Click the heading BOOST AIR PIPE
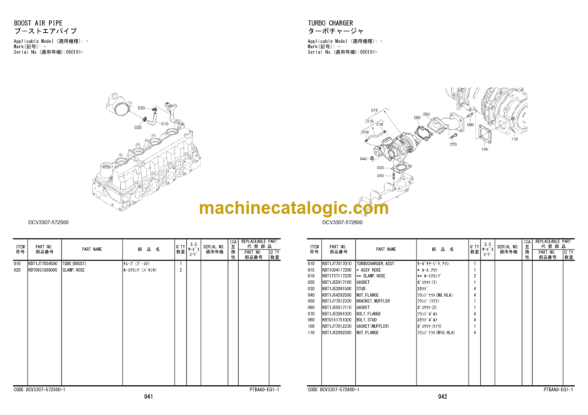pyautogui.click(x=38, y=23)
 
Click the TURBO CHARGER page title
pyautogui.click(x=330, y=23)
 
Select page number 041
pyautogui.click(x=149, y=396)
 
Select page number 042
pyautogui.click(x=443, y=396)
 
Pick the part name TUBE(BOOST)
pyautogui.click(x=79, y=263)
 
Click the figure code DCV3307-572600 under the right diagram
pyautogui.click(x=342, y=223)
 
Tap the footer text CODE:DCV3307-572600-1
pyautogui.click(x=340, y=389)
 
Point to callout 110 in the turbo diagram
pyautogui.click(x=514, y=139)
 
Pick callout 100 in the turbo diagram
pyautogui.click(x=485, y=149)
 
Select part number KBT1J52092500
pyautogui.click(x=338, y=332)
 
